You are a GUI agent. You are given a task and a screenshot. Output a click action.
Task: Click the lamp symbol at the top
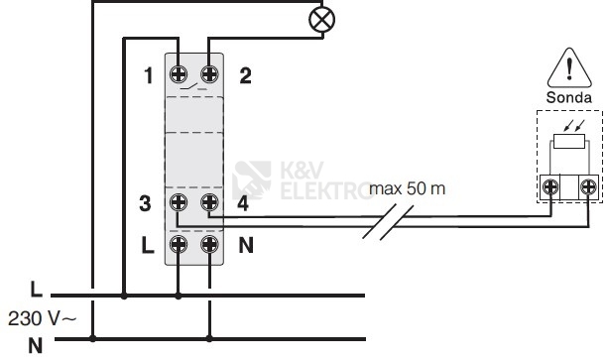321,20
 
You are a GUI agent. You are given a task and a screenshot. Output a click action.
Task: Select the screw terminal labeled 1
179,74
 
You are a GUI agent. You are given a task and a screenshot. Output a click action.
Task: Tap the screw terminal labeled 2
209,74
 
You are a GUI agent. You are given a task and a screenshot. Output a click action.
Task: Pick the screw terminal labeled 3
179,202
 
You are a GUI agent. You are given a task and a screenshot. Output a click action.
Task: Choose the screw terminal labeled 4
209,202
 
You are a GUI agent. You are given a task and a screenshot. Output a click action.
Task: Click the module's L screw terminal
179,244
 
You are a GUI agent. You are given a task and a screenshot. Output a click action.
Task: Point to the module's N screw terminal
209,244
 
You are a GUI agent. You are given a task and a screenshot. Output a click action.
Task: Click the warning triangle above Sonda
569,68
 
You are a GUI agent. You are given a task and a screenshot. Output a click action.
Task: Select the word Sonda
569,97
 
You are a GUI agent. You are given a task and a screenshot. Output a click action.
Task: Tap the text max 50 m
407,188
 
